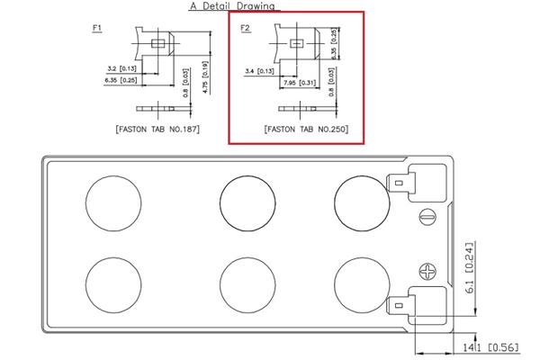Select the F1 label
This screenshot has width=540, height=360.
pos(97,28)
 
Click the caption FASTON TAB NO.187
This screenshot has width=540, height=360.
pos(157,129)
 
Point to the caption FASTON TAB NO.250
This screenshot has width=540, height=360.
pos(306,129)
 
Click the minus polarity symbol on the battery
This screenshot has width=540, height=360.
pos(427,216)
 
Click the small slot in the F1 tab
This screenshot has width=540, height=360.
pos(158,41)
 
